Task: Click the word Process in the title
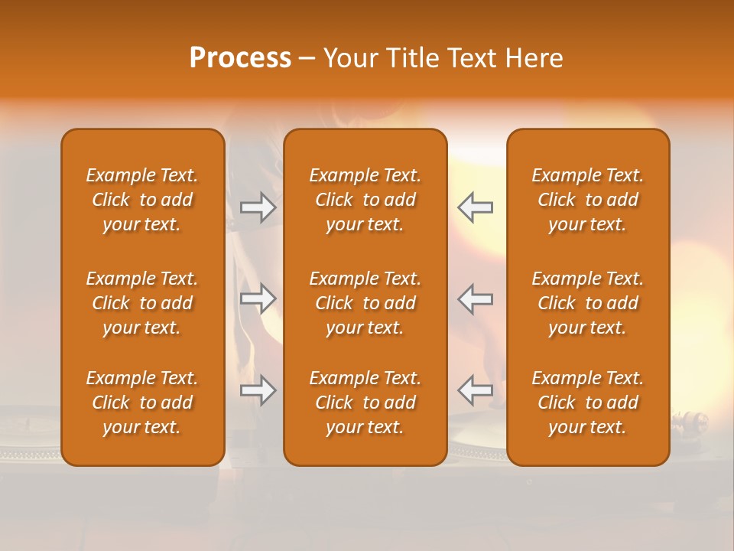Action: click(240, 58)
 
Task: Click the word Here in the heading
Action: click(534, 58)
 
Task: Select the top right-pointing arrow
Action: click(258, 207)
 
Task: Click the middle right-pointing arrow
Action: click(258, 299)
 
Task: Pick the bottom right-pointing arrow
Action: click(258, 391)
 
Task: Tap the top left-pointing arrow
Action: click(475, 207)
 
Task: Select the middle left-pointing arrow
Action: click(475, 299)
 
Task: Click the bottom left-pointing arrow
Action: click(475, 391)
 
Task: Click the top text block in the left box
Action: click(142, 200)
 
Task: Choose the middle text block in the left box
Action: click(142, 303)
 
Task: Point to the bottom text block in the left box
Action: click(142, 403)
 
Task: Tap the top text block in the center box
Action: click(365, 200)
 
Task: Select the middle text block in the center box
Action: click(365, 303)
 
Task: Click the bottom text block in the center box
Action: click(365, 403)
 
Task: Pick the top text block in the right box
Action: click(588, 200)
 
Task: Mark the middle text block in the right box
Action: click(588, 303)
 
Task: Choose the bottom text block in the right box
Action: click(588, 403)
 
